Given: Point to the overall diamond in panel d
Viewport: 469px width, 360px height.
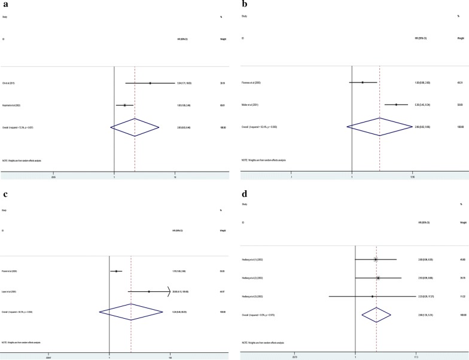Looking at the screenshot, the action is [376, 297].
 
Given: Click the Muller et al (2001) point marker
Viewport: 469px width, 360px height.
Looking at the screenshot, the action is [396, 105].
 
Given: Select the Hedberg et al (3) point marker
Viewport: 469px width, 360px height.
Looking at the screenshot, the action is [372, 279].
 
